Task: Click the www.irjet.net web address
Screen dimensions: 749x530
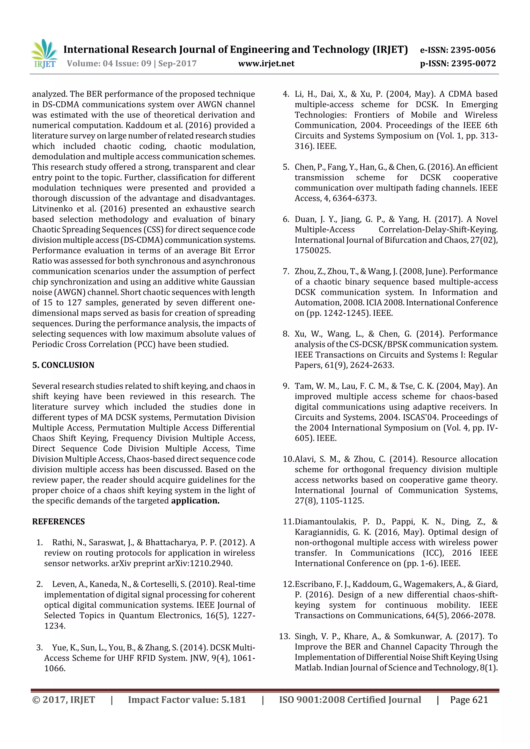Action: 266,64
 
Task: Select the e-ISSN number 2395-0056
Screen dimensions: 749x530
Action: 473,50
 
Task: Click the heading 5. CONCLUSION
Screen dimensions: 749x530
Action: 63,365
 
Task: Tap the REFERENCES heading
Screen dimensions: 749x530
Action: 58,522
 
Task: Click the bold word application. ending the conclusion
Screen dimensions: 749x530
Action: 195,501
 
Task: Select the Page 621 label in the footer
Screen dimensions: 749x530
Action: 469,700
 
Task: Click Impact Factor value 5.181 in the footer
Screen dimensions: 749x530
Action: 187,700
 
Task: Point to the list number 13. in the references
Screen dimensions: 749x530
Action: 284,637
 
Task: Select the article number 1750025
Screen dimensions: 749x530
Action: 313,251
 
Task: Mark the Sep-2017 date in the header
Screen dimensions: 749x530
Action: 177,64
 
